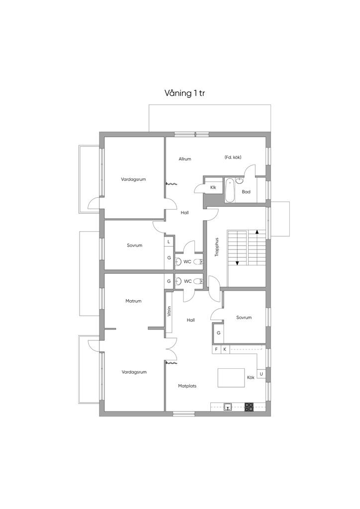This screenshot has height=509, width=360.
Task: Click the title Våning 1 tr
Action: coord(184,93)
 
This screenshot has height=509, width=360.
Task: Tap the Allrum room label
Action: coord(184,159)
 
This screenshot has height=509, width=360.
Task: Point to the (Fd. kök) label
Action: coord(233,158)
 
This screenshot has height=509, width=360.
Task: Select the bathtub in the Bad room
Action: coord(230,190)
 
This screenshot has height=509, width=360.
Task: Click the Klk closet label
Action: coord(213,187)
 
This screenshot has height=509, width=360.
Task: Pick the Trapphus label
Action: coord(217,248)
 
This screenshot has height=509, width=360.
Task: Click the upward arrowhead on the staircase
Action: coord(257,232)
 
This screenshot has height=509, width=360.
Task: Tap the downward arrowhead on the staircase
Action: coord(237,263)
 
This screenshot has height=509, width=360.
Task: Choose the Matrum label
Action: coord(133,301)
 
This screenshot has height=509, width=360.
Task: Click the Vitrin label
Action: coord(169,311)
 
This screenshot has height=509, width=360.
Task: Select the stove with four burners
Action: coord(249,407)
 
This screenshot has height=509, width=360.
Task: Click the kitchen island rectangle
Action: coord(231,378)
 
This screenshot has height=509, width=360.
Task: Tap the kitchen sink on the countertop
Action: coord(228,407)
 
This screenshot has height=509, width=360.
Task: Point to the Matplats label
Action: coord(187,386)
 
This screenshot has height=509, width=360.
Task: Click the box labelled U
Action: coord(262,374)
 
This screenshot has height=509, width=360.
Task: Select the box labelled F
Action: coord(216,349)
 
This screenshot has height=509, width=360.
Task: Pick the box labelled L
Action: coord(169,242)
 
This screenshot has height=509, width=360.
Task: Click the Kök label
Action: coord(251,378)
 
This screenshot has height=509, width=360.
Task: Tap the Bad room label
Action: coord(246,192)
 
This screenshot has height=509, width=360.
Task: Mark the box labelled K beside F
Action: coord(225,349)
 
